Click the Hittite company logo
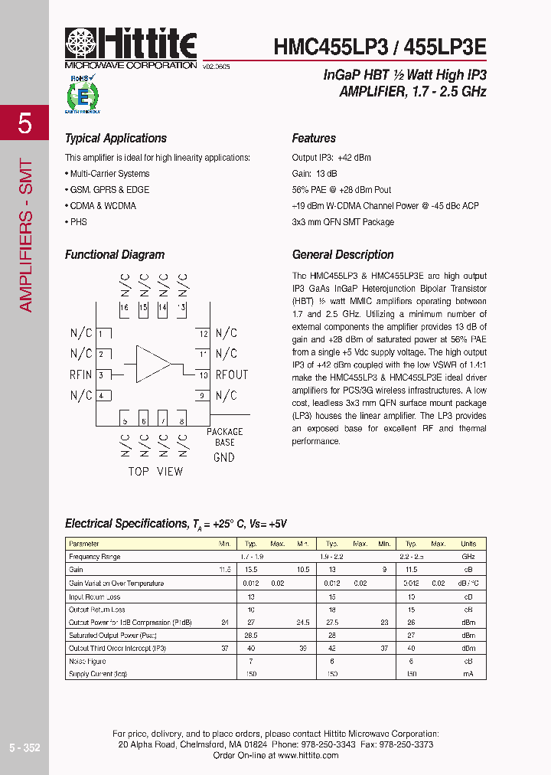point(131,47)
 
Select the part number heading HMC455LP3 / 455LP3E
point(380,47)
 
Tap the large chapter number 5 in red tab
point(24,123)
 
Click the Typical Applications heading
point(116,139)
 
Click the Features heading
point(314,139)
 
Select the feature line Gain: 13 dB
point(315,174)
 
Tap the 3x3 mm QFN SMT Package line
point(343,222)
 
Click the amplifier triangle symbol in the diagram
point(153,364)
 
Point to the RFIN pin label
point(80,374)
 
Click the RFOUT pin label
point(231,374)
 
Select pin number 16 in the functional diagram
point(124,307)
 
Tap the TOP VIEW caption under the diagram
point(155,471)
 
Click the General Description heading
point(343,255)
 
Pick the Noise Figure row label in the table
point(86,661)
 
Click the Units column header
point(468,544)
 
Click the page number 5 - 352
point(24,747)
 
